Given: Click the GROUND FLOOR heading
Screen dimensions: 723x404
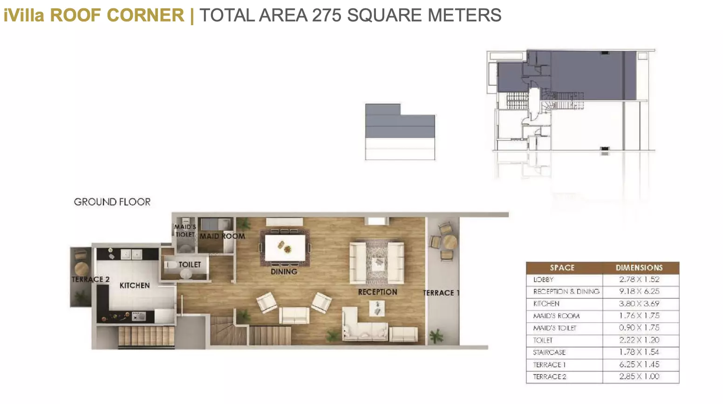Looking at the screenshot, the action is tap(112, 202).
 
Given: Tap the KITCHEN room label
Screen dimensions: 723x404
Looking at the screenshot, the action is tap(135, 285).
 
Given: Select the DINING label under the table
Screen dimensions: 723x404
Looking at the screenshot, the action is tap(284, 271).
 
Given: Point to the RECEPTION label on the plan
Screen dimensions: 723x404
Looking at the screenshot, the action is tap(377, 292).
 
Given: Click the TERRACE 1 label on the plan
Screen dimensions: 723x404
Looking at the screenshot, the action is tap(441, 293).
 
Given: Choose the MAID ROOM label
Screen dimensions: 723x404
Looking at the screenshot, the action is tap(222, 236).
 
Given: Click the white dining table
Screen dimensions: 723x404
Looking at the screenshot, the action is tap(285, 248).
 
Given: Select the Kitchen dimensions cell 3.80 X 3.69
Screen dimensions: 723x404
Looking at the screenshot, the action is tap(639, 303).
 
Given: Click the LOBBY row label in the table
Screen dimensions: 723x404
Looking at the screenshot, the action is tap(543, 280).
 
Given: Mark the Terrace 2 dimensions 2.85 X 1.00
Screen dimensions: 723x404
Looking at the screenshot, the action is tap(639, 376).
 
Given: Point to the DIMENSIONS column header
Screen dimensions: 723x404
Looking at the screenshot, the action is tap(639, 268).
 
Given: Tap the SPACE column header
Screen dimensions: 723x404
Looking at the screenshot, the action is tap(562, 268).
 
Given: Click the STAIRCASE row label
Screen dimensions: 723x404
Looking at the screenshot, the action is tap(549, 352).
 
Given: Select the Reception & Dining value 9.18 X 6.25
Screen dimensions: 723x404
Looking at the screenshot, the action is tap(639, 291).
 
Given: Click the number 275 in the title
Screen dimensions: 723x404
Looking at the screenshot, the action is tap(326, 15).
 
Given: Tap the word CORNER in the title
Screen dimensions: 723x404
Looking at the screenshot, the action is tap(145, 15).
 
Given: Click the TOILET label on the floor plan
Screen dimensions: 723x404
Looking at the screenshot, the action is tap(190, 264).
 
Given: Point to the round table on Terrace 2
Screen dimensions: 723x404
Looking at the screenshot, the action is tap(82, 268).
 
